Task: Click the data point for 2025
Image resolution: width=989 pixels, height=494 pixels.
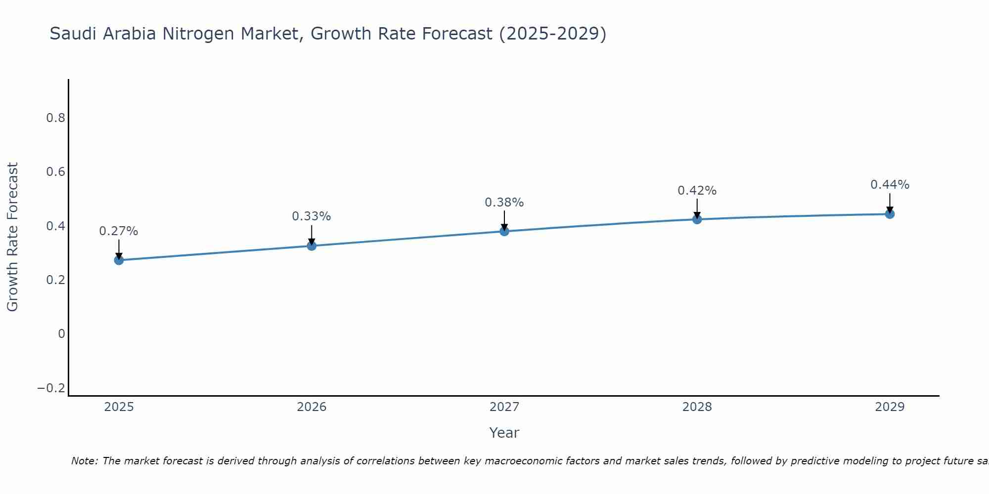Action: (x=119, y=260)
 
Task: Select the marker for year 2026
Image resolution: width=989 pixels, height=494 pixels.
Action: (x=312, y=246)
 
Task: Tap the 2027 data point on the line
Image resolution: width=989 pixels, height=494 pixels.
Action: (x=504, y=231)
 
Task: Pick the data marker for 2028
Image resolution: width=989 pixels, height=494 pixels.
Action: (x=697, y=219)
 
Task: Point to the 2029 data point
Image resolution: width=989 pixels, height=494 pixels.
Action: (x=890, y=214)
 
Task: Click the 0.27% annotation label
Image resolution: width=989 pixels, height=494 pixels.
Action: (x=119, y=231)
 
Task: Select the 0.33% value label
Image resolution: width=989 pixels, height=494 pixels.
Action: (x=312, y=216)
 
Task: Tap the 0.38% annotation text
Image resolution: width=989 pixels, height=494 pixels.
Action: (x=504, y=203)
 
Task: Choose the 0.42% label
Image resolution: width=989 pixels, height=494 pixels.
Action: (x=697, y=191)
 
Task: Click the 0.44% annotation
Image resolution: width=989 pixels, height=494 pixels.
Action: (x=890, y=185)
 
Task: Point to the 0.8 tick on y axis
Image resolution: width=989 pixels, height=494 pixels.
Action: (x=55, y=118)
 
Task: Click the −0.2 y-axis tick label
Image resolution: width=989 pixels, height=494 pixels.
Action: (x=51, y=388)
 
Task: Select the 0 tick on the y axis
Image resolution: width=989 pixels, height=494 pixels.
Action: (x=61, y=334)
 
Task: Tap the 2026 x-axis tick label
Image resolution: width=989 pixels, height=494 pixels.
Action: (x=312, y=407)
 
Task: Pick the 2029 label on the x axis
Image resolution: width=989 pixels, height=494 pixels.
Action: (x=890, y=407)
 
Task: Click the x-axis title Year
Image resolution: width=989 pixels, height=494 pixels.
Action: (x=504, y=433)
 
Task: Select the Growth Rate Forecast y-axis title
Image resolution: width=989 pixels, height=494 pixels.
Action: (x=12, y=237)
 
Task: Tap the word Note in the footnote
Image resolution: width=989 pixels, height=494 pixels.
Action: (x=83, y=461)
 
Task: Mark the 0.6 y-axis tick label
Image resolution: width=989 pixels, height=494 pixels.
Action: (x=55, y=172)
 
